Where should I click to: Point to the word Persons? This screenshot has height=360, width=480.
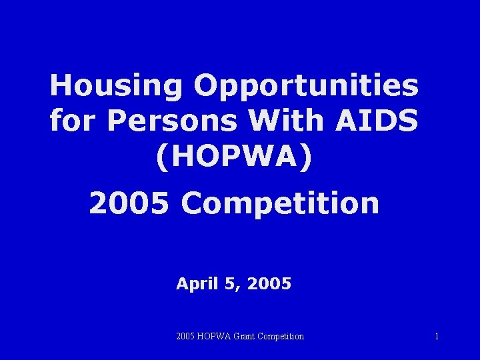click(171, 121)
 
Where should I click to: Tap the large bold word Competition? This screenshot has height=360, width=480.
click(280, 203)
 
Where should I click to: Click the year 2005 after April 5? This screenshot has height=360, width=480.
click(269, 284)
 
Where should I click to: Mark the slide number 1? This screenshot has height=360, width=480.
click(437, 337)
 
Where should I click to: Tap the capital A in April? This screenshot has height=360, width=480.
click(183, 284)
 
